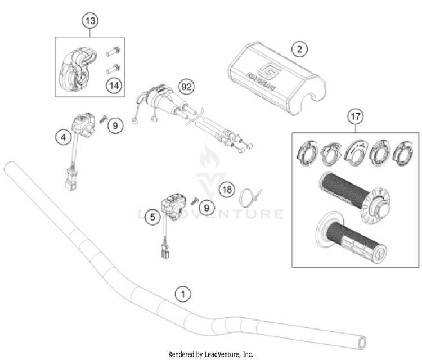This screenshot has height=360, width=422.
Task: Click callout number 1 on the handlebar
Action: [x=181, y=293]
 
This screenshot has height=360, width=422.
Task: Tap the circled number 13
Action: [x=89, y=21]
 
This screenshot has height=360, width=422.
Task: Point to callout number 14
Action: [x=114, y=85]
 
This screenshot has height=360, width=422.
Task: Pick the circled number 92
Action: [x=186, y=87]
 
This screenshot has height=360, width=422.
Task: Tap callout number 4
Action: [x=64, y=136]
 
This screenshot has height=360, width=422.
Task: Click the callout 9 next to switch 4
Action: [x=115, y=125]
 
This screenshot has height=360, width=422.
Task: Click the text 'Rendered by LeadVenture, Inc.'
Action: [x=211, y=354]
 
